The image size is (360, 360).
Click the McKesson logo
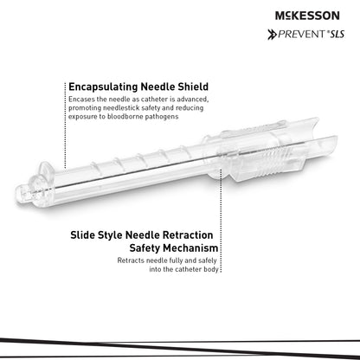click(307, 16)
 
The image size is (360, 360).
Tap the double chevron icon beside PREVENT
click(272, 35)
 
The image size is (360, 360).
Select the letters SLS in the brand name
click(337, 35)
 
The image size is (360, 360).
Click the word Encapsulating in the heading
click(103, 87)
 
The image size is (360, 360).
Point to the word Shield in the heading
click(193, 87)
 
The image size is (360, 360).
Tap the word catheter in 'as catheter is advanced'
click(154, 100)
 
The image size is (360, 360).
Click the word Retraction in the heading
click(188, 235)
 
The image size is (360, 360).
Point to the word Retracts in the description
click(131, 260)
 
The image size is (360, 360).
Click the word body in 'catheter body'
click(211, 269)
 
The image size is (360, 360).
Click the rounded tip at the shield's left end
click(21, 196)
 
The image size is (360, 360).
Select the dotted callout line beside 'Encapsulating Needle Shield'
click(65, 125)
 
